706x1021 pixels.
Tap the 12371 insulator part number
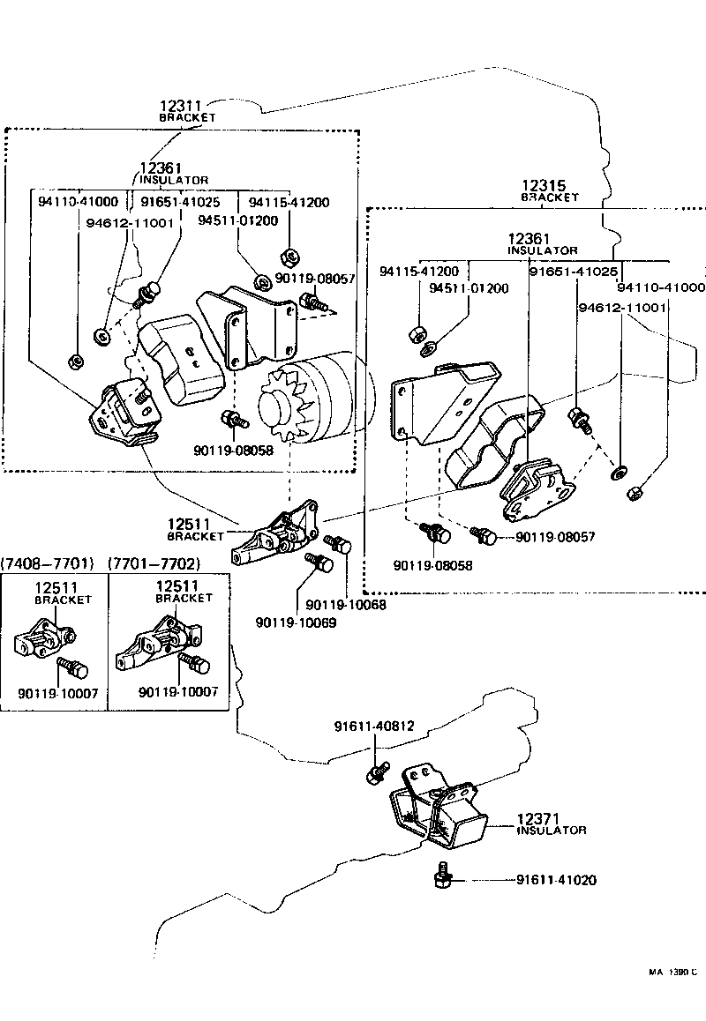[539, 819]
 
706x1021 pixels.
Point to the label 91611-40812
[374, 727]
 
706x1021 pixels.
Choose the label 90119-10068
[346, 605]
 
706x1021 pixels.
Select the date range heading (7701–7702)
[154, 563]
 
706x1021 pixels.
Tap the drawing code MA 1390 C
[673, 973]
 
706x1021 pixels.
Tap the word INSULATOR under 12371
[551, 831]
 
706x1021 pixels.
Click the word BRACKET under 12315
[549, 198]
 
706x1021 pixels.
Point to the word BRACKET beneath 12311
[187, 117]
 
